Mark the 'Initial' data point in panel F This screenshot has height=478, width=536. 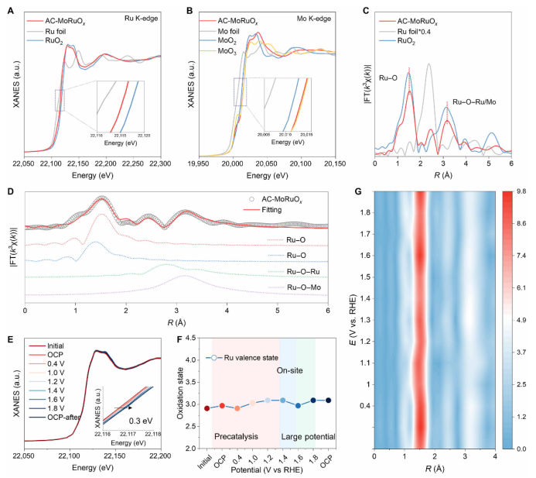207,408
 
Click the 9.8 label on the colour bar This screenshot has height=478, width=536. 520,191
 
